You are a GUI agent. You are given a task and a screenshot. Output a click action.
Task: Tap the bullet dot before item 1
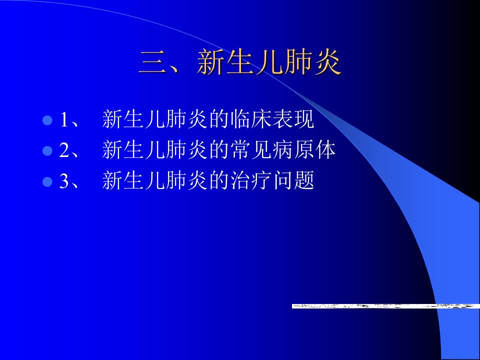point(47,120)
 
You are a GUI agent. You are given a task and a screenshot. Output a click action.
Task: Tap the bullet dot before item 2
point(47,150)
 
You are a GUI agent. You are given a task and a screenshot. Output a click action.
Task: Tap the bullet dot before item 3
point(47,181)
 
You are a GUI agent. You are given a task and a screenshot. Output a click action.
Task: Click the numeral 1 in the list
point(64,119)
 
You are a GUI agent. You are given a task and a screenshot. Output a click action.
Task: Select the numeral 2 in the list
point(64,150)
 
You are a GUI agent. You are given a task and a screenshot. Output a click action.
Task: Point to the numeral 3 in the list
point(64,180)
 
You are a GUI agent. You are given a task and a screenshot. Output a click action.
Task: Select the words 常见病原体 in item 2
point(283,149)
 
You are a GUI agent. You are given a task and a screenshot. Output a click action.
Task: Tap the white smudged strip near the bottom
point(385,306)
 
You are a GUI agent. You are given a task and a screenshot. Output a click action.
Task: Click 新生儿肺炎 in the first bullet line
point(155,119)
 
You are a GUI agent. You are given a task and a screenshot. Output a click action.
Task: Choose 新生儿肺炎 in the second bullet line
point(155,149)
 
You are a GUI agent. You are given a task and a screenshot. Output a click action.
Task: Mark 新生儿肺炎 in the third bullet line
point(155,180)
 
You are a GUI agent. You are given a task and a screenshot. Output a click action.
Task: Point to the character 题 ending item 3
point(304,180)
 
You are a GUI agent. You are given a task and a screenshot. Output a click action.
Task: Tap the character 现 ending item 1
point(304,119)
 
